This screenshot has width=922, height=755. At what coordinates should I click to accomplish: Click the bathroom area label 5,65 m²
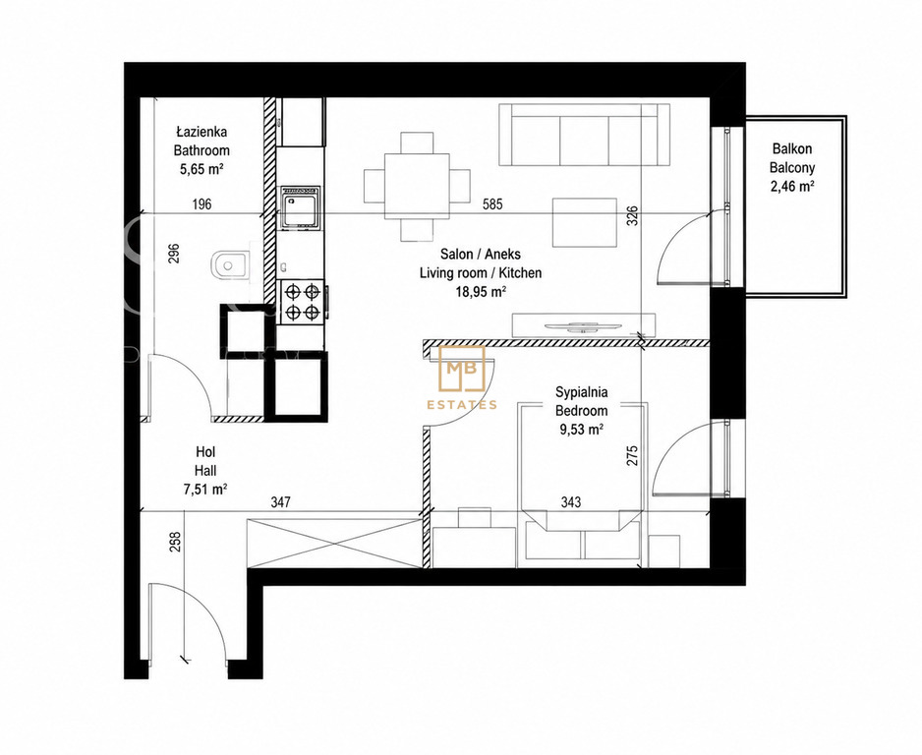202,170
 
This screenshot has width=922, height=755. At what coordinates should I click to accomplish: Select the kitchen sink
301,207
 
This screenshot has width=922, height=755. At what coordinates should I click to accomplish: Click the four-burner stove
302,302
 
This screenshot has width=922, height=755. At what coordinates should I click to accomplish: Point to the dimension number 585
492,204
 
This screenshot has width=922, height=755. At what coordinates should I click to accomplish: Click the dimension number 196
202,204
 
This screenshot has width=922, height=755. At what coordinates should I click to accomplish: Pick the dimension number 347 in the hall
280,502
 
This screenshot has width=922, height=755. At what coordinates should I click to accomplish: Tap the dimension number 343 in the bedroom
571,502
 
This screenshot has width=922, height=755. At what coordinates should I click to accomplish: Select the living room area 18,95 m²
481,292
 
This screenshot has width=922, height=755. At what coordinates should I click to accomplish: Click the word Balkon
792,148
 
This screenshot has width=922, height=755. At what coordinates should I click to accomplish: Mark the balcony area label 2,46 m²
792,187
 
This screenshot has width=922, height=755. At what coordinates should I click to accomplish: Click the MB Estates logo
462,377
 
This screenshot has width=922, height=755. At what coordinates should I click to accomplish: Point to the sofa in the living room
584,135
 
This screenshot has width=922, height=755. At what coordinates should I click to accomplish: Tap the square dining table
418,186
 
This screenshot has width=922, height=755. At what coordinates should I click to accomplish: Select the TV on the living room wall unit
580,327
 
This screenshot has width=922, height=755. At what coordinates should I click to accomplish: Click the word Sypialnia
582,392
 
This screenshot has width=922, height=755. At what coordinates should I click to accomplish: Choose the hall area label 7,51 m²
205,490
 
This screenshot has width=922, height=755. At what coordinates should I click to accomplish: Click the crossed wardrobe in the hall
335,544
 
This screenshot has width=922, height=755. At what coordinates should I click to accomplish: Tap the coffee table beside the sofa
585,222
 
